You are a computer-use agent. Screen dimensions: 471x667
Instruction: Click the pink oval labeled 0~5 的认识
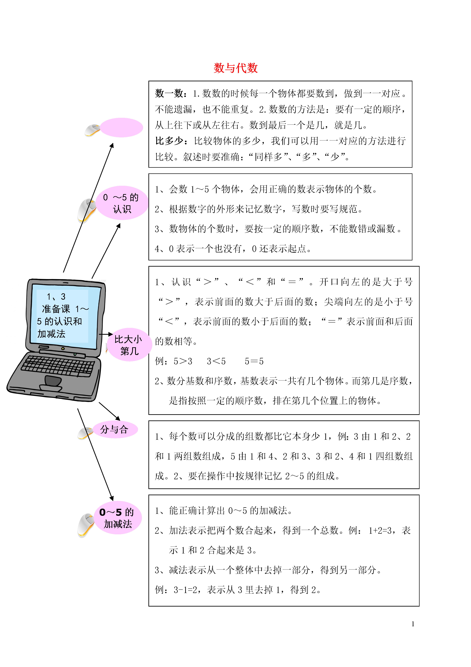click(x=122, y=203)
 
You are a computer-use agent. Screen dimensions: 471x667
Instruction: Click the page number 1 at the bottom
click(x=413, y=624)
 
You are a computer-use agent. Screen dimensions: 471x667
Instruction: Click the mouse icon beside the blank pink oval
click(x=92, y=130)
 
